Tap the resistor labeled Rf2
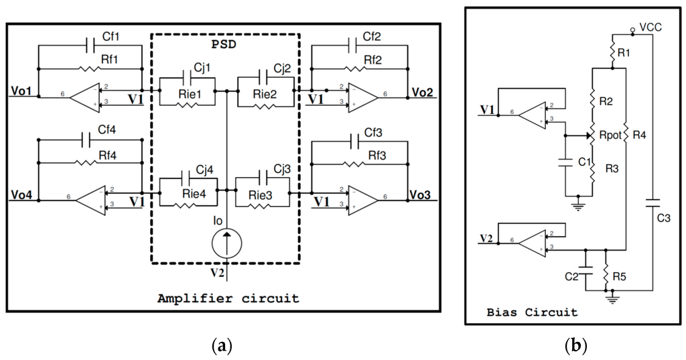pos(358,68)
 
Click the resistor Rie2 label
pos(265,93)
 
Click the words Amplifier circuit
pos(228,298)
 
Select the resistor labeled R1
pos(614,50)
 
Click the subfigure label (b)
pos(575,347)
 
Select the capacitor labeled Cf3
pos(358,141)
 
